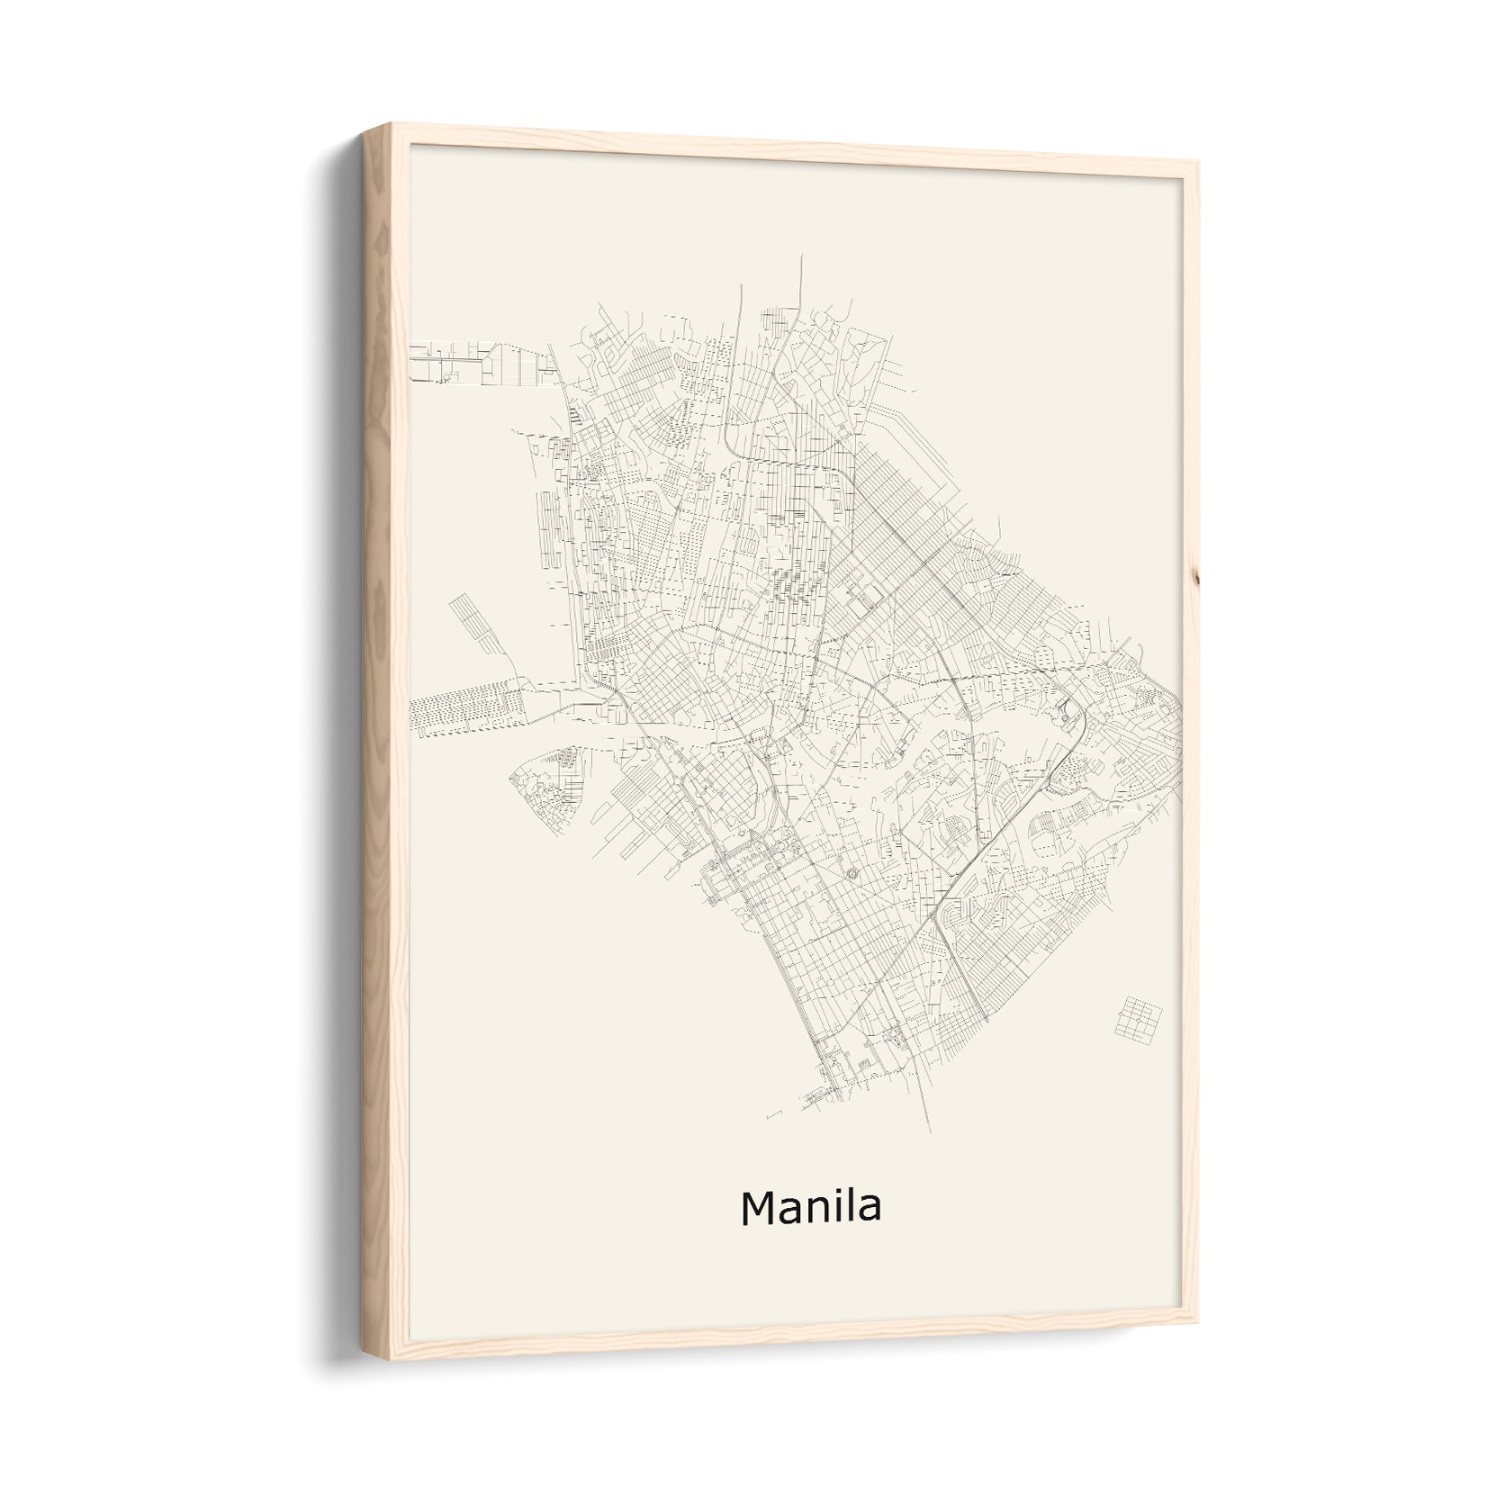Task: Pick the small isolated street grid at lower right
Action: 1137,1015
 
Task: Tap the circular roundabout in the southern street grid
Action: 852,873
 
